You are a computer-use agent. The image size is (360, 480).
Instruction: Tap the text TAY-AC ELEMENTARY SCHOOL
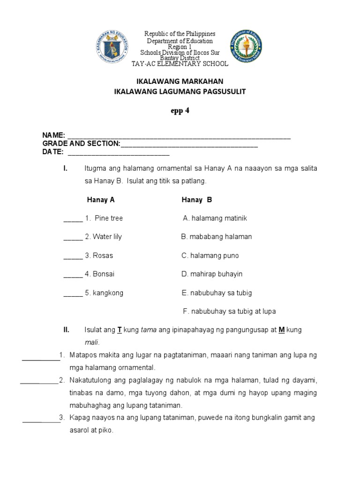[x=180, y=63]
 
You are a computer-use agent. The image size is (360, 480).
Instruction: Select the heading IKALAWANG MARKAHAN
[x=180, y=81]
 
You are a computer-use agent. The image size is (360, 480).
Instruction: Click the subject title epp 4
[x=180, y=111]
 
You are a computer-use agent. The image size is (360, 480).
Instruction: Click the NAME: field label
[x=54, y=136]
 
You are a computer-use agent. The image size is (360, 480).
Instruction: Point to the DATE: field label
[x=53, y=152]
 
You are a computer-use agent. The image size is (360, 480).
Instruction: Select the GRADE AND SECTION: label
[x=82, y=144]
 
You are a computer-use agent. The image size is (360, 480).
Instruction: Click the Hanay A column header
[x=101, y=200]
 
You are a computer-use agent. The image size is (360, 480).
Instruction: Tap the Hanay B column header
[x=197, y=200]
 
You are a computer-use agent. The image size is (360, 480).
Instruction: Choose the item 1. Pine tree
[x=104, y=218]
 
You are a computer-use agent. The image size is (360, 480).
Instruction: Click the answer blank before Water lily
[x=73, y=237]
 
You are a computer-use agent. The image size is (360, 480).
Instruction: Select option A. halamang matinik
[x=215, y=218]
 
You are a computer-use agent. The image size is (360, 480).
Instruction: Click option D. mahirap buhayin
[x=212, y=274]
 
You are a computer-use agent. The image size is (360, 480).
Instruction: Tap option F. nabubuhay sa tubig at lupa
[x=229, y=311]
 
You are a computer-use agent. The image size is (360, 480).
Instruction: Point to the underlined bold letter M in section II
[x=282, y=330]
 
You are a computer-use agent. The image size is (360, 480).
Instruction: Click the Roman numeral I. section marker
[x=66, y=168]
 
